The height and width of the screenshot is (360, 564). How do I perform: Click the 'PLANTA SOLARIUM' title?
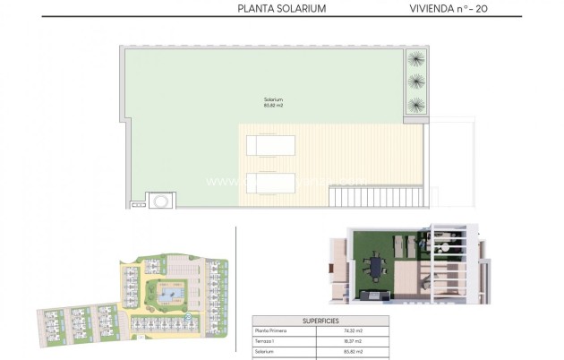[x=281, y=9]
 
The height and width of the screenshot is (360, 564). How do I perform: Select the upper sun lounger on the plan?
[x=269, y=144]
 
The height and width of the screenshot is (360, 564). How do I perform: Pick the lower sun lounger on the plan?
[x=269, y=183]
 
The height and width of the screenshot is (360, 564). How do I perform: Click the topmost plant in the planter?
[x=415, y=60]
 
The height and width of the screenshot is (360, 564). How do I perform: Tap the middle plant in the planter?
[x=415, y=81]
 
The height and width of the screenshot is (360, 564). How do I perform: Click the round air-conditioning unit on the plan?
[x=159, y=199]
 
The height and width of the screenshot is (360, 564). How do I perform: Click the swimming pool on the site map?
[x=167, y=292]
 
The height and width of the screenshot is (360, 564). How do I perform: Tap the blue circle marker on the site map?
[x=189, y=314]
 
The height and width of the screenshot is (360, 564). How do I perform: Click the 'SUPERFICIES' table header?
[x=321, y=320]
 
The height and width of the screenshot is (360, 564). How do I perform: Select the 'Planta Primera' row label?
[x=269, y=330]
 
